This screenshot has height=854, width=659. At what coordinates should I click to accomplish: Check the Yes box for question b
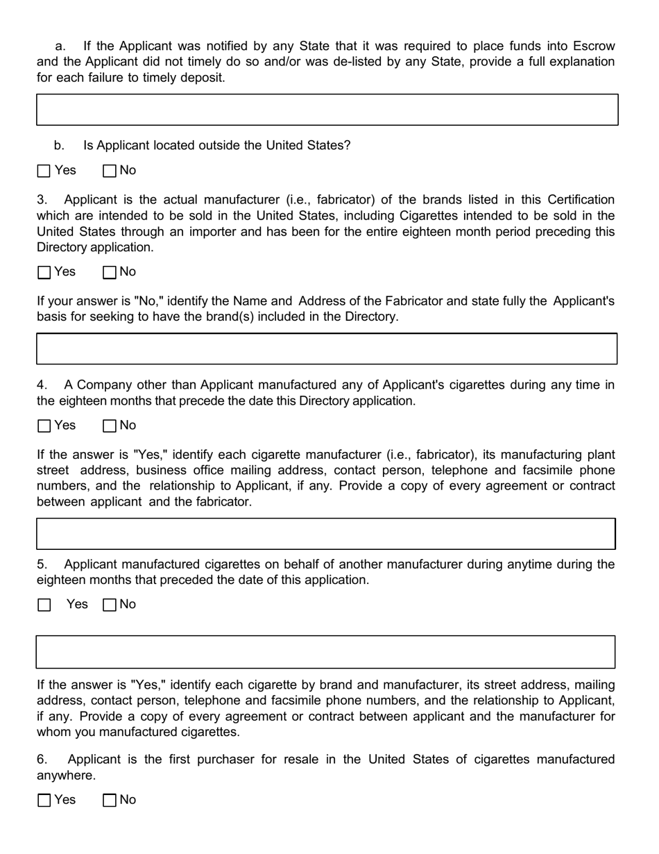tap(44, 171)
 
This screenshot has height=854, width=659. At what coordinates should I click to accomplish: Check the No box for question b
tap(110, 171)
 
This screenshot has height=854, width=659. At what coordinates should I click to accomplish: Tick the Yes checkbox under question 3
tap(44, 272)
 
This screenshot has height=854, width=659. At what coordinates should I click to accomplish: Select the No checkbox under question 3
tap(110, 272)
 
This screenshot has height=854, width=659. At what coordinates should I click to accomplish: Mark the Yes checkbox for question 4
tap(44, 426)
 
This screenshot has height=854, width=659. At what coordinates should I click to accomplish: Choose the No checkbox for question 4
tap(110, 426)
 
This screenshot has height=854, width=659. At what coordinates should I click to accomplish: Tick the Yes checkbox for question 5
tap(44, 605)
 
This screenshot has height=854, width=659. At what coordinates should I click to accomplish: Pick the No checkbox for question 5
tap(110, 605)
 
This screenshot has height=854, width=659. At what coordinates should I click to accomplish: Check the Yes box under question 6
tap(44, 800)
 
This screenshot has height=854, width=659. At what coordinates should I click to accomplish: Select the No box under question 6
tap(110, 800)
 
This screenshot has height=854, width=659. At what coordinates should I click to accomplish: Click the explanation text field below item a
tap(327, 110)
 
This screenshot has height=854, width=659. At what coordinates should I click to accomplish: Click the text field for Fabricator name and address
tap(327, 349)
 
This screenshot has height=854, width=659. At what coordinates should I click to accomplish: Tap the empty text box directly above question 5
tap(325, 533)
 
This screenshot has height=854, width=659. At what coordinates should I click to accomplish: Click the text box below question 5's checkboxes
tap(325, 651)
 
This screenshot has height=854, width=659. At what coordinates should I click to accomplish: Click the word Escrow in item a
tap(593, 47)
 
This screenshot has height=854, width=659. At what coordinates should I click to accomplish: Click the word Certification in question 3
tap(581, 200)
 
